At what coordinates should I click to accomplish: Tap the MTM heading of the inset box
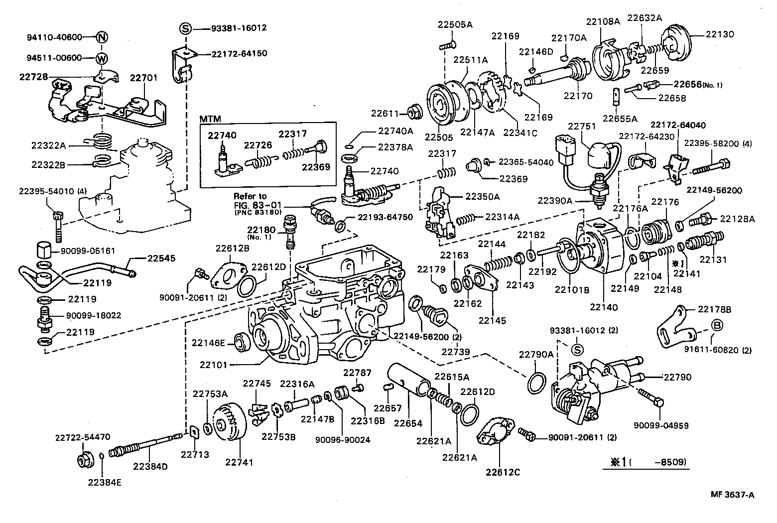click(x=210, y=120)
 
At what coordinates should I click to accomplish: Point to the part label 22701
click(x=143, y=78)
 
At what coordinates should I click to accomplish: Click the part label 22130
click(x=720, y=34)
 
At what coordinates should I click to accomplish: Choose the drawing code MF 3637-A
click(x=732, y=495)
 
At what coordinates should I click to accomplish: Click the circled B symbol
click(x=717, y=326)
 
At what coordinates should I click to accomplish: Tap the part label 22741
click(x=239, y=462)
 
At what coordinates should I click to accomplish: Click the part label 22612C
click(x=503, y=472)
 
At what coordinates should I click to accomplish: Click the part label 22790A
click(x=536, y=354)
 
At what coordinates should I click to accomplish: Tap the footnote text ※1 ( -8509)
click(x=647, y=462)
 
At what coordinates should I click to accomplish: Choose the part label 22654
click(x=408, y=423)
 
